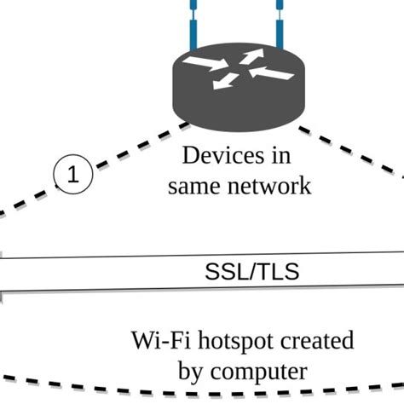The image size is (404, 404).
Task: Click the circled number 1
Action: point(73,175)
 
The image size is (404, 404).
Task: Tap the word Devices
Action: point(217,156)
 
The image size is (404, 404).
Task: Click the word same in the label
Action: point(193,185)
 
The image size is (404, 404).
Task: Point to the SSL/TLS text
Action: point(252,273)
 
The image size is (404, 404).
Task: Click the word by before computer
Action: point(192,372)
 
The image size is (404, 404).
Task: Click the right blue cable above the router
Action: point(277,26)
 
